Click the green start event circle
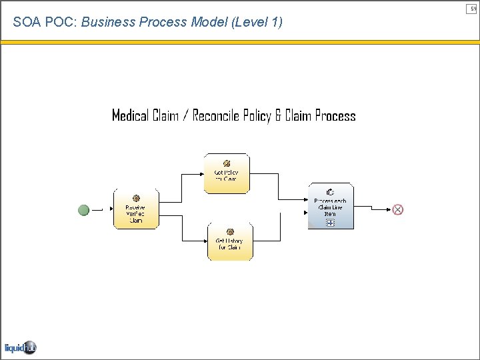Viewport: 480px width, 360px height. [x=83, y=210]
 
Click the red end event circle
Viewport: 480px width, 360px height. [x=398, y=209]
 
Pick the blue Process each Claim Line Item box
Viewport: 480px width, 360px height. [x=331, y=207]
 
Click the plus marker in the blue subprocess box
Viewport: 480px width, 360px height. [x=331, y=223]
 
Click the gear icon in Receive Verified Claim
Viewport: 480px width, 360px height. [x=136, y=198]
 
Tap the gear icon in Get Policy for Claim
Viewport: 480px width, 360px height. [x=227, y=163]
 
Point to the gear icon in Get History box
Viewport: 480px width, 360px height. [x=230, y=231]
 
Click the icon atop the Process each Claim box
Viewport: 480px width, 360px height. [x=330, y=192]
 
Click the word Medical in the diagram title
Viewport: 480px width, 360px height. [x=130, y=116]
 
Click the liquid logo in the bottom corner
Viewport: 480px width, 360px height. [x=20, y=347]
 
